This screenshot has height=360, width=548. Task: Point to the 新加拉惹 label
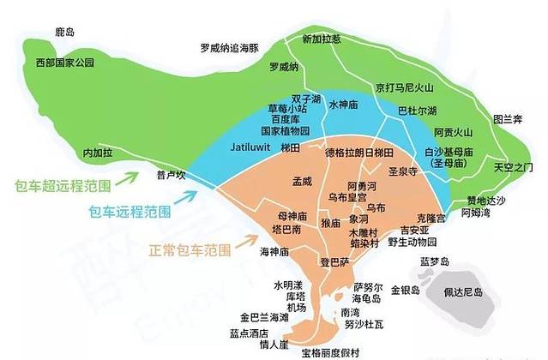(x=322, y=39)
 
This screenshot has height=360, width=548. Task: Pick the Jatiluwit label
(x=250, y=147)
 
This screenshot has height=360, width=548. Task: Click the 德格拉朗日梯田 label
(x=359, y=152)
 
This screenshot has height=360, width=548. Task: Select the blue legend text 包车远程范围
(x=129, y=210)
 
